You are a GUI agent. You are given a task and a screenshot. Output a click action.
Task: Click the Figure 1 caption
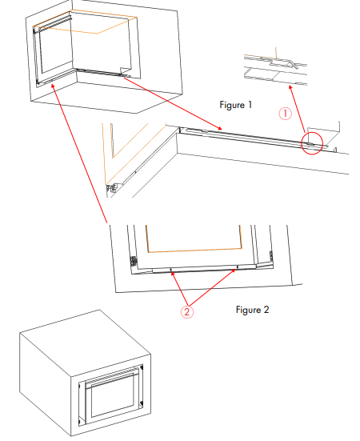point(236,105)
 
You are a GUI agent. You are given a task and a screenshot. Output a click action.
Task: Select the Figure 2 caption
point(253,308)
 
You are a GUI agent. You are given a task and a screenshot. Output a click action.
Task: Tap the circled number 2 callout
point(187,312)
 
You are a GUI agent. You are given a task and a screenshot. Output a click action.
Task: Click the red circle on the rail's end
point(312,142)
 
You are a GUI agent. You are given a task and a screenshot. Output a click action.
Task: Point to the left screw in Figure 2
point(173,271)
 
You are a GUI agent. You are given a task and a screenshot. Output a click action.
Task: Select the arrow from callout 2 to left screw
point(180,290)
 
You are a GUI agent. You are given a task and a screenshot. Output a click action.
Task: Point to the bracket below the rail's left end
point(112,187)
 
